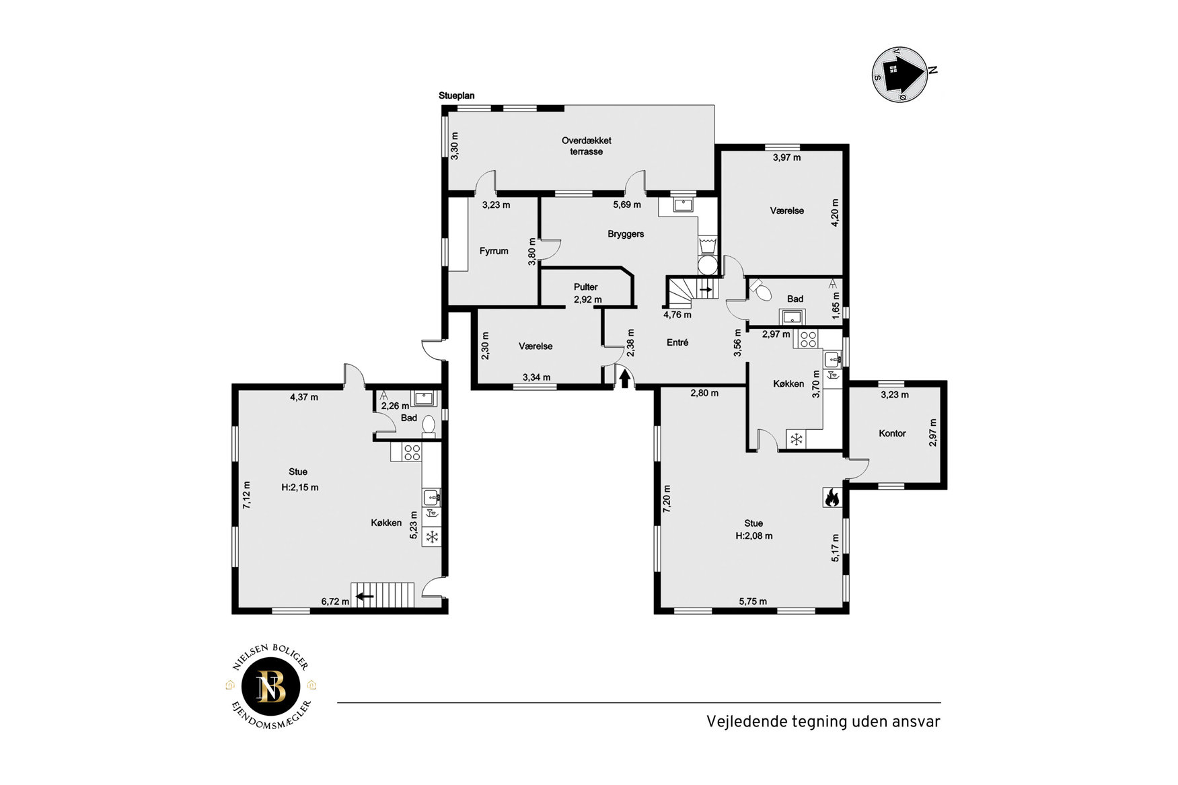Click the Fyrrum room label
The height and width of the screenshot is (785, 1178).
click(x=494, y=251)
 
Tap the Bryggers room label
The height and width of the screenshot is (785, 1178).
click(x=626, y=234)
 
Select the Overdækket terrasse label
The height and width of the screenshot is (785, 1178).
click(x=587, y=146)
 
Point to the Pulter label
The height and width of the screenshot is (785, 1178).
click(x=586, y=287)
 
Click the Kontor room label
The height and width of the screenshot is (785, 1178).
click(x=892, y=433)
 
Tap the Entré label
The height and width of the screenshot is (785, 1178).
click(x=677, y=342)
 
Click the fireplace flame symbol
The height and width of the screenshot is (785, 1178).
click(x=832, y=497)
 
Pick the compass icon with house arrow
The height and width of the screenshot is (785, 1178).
click(x=900, y=73)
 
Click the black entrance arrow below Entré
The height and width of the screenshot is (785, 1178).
click(x=625, y=379)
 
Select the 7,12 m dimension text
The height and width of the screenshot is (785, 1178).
click(x=247, y=495)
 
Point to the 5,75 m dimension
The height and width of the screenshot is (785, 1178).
click(x=753, y=601)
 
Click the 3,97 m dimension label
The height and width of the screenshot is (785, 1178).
click(x=786, y=157)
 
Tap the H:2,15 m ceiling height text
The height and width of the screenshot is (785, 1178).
click(x=300, y=487)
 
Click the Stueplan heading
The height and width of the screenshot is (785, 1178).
click(x=457, y=96)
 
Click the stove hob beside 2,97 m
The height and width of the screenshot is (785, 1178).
click(x=807, y=339)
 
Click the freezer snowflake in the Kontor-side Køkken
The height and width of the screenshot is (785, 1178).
click(x=796, y=440)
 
